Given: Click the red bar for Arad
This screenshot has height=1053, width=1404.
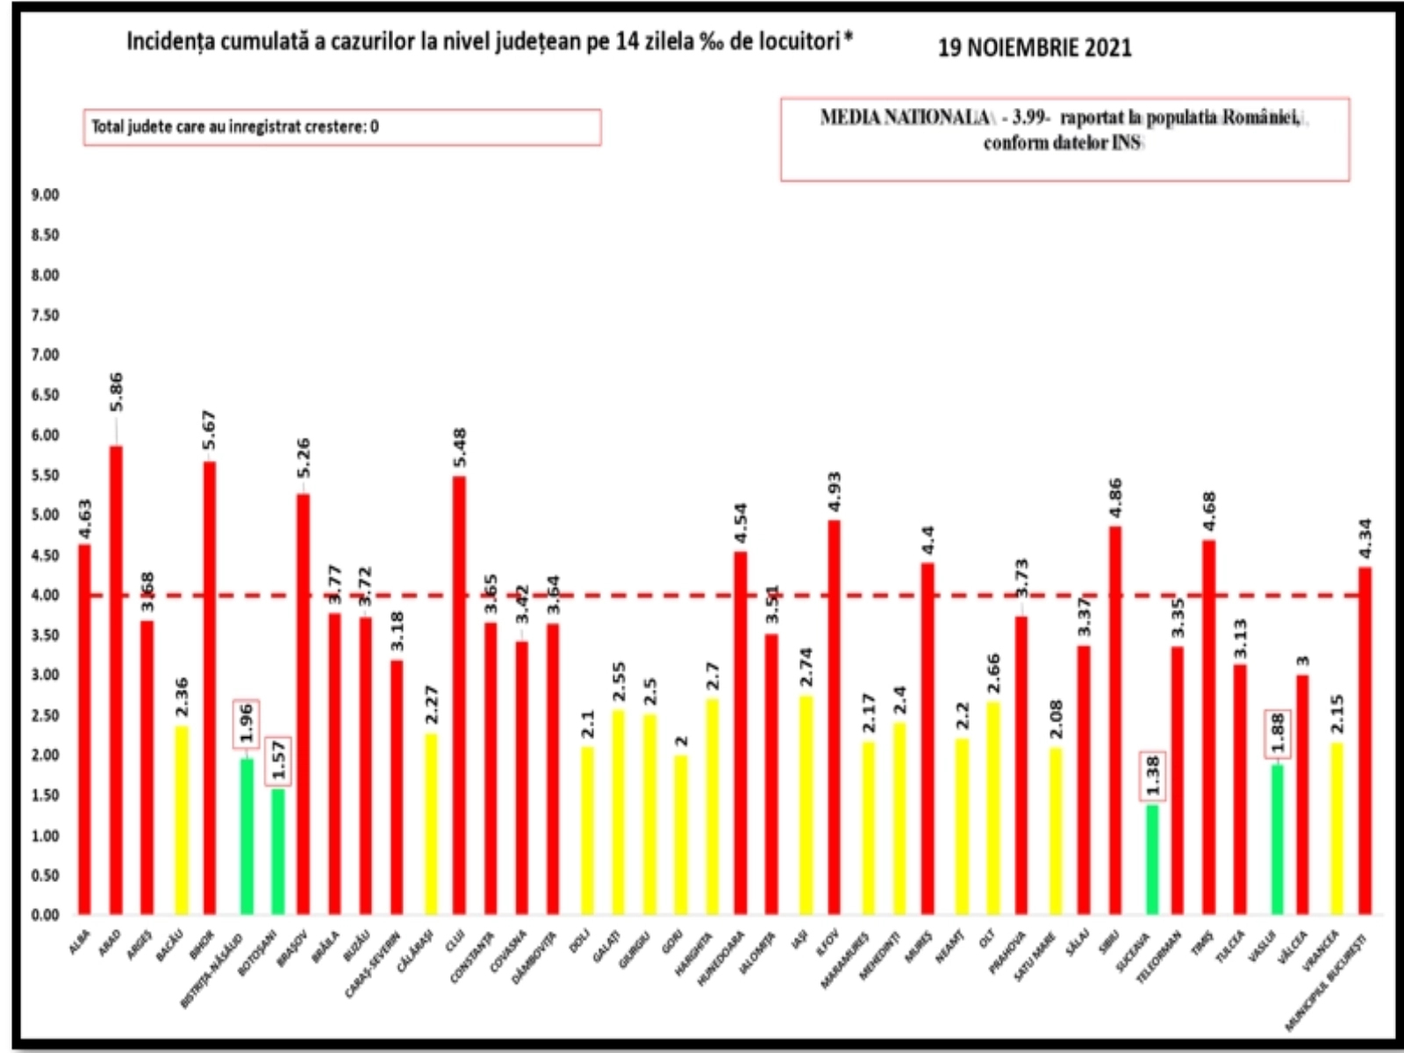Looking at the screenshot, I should click(x=115, y=680).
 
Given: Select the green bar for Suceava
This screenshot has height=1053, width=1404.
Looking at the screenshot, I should click(x=1152, y=860).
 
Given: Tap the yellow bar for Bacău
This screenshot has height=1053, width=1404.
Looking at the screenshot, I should click(x=181, y=820).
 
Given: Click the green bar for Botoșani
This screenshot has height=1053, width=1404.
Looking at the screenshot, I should click(x=277, y=851).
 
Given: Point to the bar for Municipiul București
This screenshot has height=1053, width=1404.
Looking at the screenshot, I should click(x=1365, y=741).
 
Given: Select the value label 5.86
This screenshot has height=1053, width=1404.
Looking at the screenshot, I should click(x=115, y=392).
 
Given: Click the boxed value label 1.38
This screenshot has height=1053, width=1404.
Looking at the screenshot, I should click(x=1153, y=776).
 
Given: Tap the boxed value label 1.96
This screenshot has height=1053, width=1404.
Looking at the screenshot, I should click(x=246, y=724).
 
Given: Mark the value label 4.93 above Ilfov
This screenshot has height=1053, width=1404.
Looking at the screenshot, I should click(x=835, y=491).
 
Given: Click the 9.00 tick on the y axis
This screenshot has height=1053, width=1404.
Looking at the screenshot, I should click(x=44, y=195).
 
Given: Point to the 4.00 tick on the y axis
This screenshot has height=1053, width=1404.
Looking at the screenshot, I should click(x=44, y=595).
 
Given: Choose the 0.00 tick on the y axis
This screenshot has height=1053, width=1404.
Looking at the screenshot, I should click(x=44, y=915).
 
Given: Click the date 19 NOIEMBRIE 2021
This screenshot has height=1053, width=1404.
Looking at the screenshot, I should click(x=1035, y=47).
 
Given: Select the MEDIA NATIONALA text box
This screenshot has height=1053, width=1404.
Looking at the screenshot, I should click(x=1064, y=139).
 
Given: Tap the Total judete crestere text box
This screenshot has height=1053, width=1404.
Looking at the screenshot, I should click(x=342, y=127).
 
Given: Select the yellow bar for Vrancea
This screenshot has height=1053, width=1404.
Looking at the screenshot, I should click(x=1336, y=829).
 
